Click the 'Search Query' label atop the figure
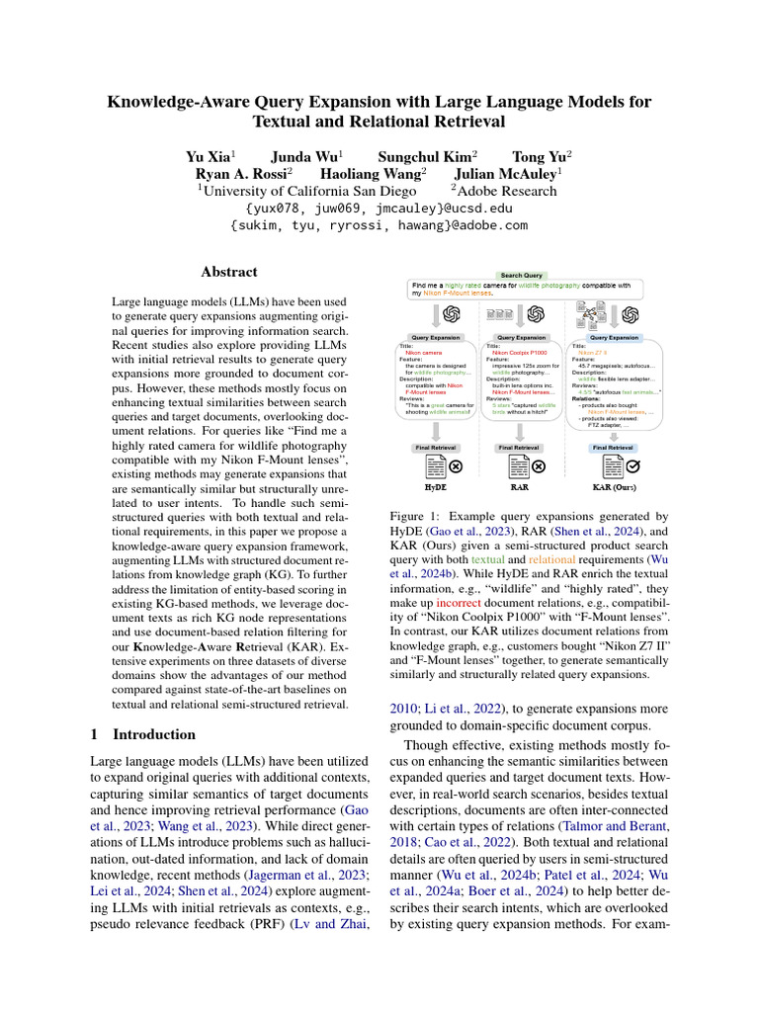(521, 275)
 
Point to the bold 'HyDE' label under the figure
(435, 486)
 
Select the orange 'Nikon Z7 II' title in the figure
(593, 352)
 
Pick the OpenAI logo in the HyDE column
(453, 314)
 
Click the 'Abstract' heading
(229, 272)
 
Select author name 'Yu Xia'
(208, 156)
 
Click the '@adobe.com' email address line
(379, 225)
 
